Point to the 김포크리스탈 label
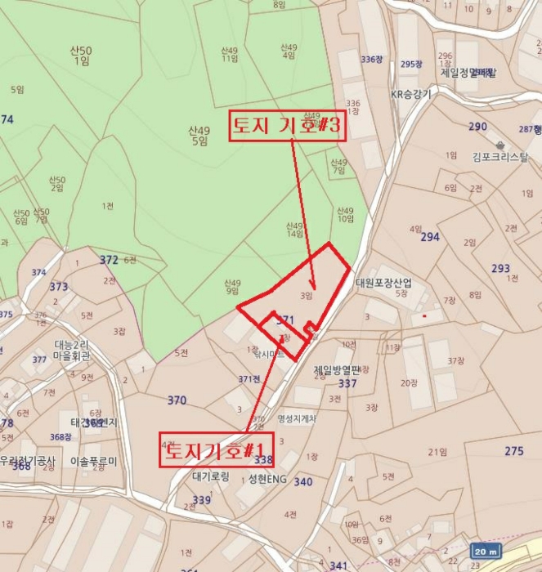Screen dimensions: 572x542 coord(499,157)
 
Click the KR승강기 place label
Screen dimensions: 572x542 coord(410,94)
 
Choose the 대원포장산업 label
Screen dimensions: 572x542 coord(383,283)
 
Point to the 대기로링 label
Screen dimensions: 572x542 coord(211,476)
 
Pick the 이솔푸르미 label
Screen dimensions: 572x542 coord(94,461)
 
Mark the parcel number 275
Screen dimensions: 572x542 coord(513,451)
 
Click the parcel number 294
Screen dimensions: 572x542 coord(430,237)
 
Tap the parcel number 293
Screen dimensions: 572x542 coord(500,268)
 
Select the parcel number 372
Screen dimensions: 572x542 coord(109,260)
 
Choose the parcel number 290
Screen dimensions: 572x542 coord(477,127)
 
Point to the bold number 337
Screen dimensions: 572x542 coord(347,383)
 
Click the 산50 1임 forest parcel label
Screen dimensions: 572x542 coord(82,56)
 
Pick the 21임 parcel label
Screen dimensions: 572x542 coord(438,451)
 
